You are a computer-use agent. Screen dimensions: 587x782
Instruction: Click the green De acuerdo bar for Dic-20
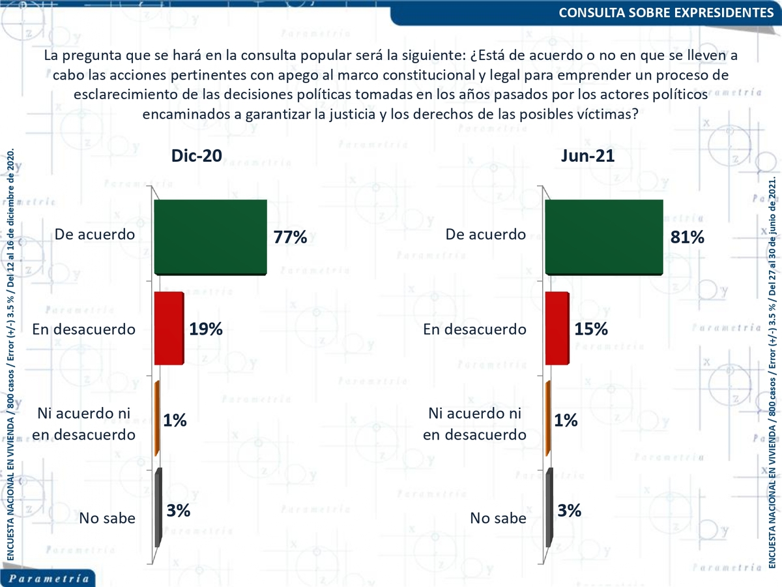pos(210,237)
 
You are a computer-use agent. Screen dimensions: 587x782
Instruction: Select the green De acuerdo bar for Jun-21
pos(603,237)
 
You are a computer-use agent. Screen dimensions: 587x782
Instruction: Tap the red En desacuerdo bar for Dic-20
pos(168,328)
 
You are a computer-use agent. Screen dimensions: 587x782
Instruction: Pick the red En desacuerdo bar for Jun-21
pos(556,328)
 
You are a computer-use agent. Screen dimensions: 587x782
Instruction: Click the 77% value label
pos(290,237)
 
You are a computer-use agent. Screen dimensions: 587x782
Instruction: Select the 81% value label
pos(687,237)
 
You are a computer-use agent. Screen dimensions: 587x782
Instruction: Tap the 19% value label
pos(206,329)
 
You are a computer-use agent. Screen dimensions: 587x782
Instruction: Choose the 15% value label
pos(591,329)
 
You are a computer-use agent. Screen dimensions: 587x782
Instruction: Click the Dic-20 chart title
pos(196,156)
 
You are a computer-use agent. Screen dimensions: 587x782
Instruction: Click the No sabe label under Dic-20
pos(108,518)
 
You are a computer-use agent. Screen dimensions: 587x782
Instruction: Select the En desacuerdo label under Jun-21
pos(474,329)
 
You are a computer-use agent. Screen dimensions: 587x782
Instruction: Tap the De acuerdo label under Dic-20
pos(95,233)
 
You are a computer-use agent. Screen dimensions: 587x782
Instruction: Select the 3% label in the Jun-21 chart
pos(570,511)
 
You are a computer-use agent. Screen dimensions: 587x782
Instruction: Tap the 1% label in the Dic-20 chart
pos(175,421)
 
